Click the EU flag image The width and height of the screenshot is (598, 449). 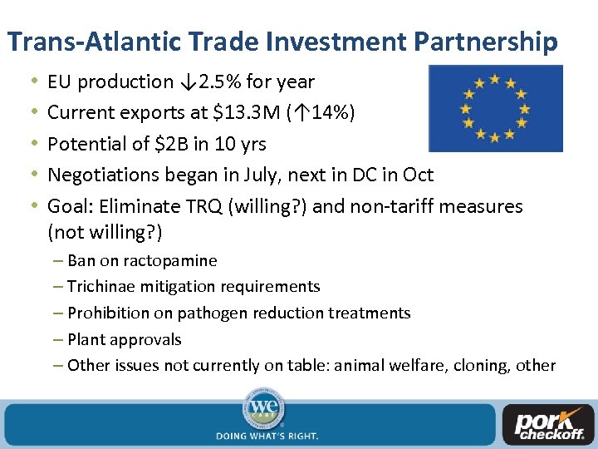coord(494,108)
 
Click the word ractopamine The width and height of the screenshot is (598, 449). coord(170,260)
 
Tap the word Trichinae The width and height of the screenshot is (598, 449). coord(98,287)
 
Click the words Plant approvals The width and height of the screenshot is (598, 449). coord(124,339)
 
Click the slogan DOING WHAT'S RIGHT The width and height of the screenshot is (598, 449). coord(267,435)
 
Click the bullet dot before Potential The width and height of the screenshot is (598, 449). coord(32,144)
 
